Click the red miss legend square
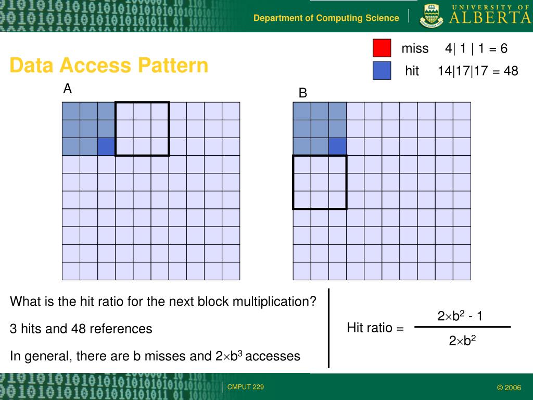(382, 48)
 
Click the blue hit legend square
(382, 71)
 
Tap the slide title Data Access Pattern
(109, 66)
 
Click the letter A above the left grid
(67, 90)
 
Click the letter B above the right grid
(302, 94)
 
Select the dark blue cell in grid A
(106, 147)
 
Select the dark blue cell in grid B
(337, 147)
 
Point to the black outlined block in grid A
(142, 129)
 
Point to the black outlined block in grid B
(320, 182)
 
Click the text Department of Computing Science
(326, 18)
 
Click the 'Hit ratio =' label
(375, 328)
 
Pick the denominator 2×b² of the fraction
(463, 341)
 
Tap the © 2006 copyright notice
(509, 387)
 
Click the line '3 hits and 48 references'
(81, 329)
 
